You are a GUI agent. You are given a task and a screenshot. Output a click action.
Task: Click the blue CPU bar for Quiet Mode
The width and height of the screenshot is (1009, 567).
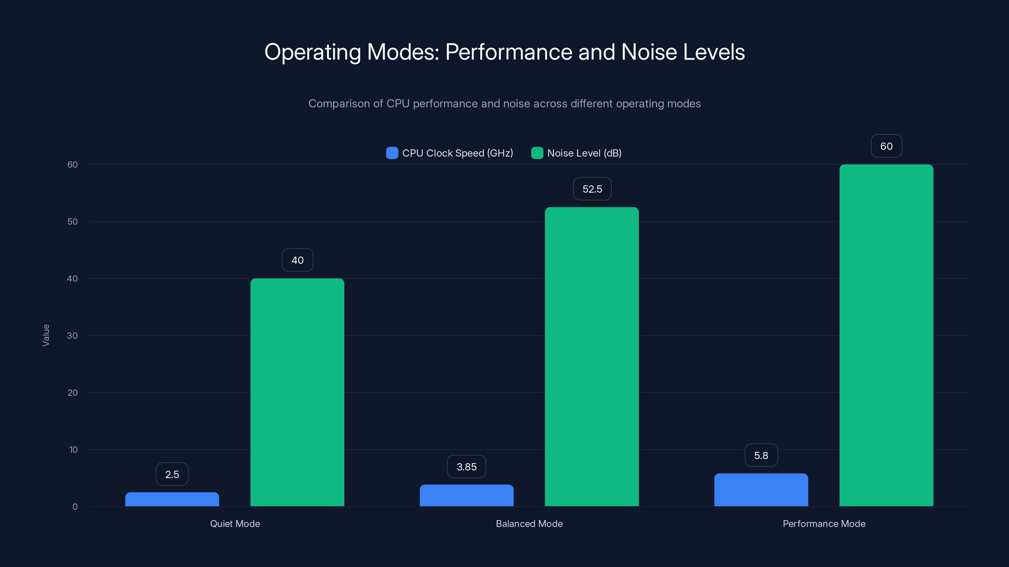coord(172,499)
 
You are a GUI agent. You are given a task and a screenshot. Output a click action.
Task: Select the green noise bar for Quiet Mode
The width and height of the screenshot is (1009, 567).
coord(297,392)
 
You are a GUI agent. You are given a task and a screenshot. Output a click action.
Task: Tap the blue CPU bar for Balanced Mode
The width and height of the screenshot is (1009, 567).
coord(467,495)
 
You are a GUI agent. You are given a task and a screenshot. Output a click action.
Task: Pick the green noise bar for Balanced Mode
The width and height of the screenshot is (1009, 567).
coord(592,357)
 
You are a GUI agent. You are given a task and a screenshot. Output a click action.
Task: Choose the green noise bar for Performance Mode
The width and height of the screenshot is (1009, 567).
coord(886,335)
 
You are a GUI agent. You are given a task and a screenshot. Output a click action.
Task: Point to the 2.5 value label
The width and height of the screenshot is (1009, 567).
coord(172,474)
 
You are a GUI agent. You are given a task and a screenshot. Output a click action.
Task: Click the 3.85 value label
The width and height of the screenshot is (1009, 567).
coord(467,467)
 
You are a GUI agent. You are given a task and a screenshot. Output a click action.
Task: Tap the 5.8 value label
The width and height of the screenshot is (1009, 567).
coord(761,455)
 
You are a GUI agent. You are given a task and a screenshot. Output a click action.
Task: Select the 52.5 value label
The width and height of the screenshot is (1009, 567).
coord(592,189)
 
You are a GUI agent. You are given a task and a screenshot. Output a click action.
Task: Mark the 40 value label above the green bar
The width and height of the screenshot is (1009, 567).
coord(297,260)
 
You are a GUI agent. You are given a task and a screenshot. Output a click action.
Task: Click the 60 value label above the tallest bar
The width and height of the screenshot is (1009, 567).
coord(886,146)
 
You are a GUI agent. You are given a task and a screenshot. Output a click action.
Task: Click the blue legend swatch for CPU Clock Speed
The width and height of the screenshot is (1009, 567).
coord(392,153)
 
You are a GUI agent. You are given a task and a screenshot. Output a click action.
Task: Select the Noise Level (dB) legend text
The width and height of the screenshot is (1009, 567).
coord(584,153)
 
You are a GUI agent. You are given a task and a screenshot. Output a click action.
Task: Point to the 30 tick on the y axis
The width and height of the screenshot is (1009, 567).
coord(73,336)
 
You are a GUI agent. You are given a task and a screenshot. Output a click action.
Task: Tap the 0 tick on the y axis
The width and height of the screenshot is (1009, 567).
coord(75,507)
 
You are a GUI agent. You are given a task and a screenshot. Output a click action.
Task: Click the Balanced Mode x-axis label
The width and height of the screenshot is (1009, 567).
coord(529,524)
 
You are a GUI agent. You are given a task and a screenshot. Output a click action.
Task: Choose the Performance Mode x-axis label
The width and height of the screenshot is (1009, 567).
coord(824,524)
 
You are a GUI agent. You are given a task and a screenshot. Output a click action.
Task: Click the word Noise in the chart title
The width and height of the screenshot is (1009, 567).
coord(649,52)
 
